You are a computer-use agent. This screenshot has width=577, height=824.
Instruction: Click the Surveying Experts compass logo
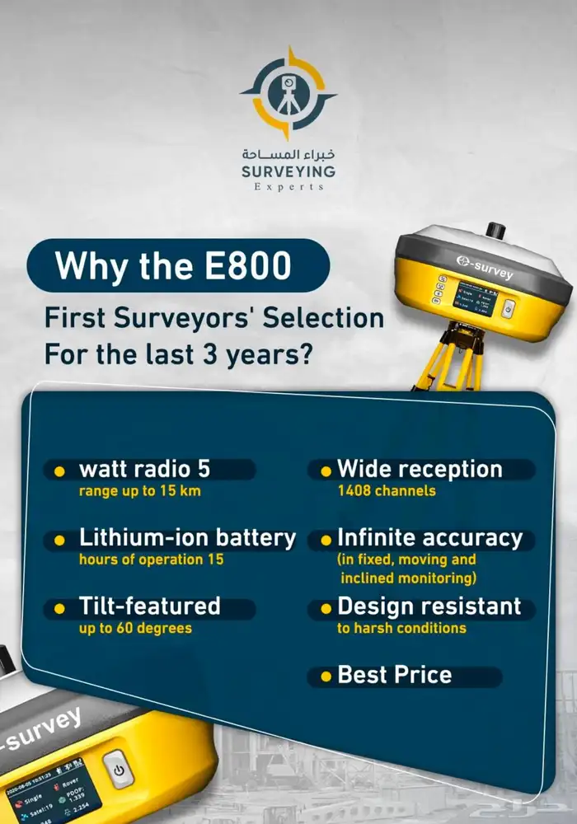pyautogui.click(x=288, y=93)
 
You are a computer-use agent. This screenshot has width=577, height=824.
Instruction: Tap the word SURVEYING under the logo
pyautogui.click(x=288, y=171)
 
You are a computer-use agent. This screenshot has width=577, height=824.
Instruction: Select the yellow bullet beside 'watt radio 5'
pyautogui.click(x=59, y=471)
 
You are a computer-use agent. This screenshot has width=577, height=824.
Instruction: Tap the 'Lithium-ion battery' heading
pyautogui.click(x=187, y=539)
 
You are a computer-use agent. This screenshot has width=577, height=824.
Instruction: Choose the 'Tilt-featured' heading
pyautogui.click(x=149, y=607)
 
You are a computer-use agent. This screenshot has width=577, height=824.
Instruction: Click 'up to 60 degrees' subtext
pyautogui.click(x=135, y=628)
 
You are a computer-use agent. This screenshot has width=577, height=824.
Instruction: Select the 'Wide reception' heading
pyautogui.click(x=420, y=470)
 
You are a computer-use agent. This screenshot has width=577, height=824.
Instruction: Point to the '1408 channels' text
pyautogui.click(x=386, y=491)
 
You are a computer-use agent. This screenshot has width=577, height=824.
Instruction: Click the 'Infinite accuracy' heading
pyautogui.click(x=429, y=539)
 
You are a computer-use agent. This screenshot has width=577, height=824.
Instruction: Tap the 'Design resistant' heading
pyautogui.click(x=429, y=607)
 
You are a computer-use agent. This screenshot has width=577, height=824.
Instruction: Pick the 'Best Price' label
pyautogui.click(x=395, y=676)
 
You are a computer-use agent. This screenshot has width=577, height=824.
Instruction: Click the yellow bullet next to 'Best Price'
pyautogui.click(x=326, y=677)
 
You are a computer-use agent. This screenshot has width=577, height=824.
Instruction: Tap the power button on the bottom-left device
pyautogui.click(x=120, y=770)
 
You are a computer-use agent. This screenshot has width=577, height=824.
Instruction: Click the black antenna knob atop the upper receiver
pyautogui.click(x=495, y=230)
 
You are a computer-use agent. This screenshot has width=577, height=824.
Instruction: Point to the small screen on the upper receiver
pyautogui.click(x=476, y=298)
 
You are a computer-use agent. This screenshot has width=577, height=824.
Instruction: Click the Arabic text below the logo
pyautogui.click(x=288, y=154)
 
